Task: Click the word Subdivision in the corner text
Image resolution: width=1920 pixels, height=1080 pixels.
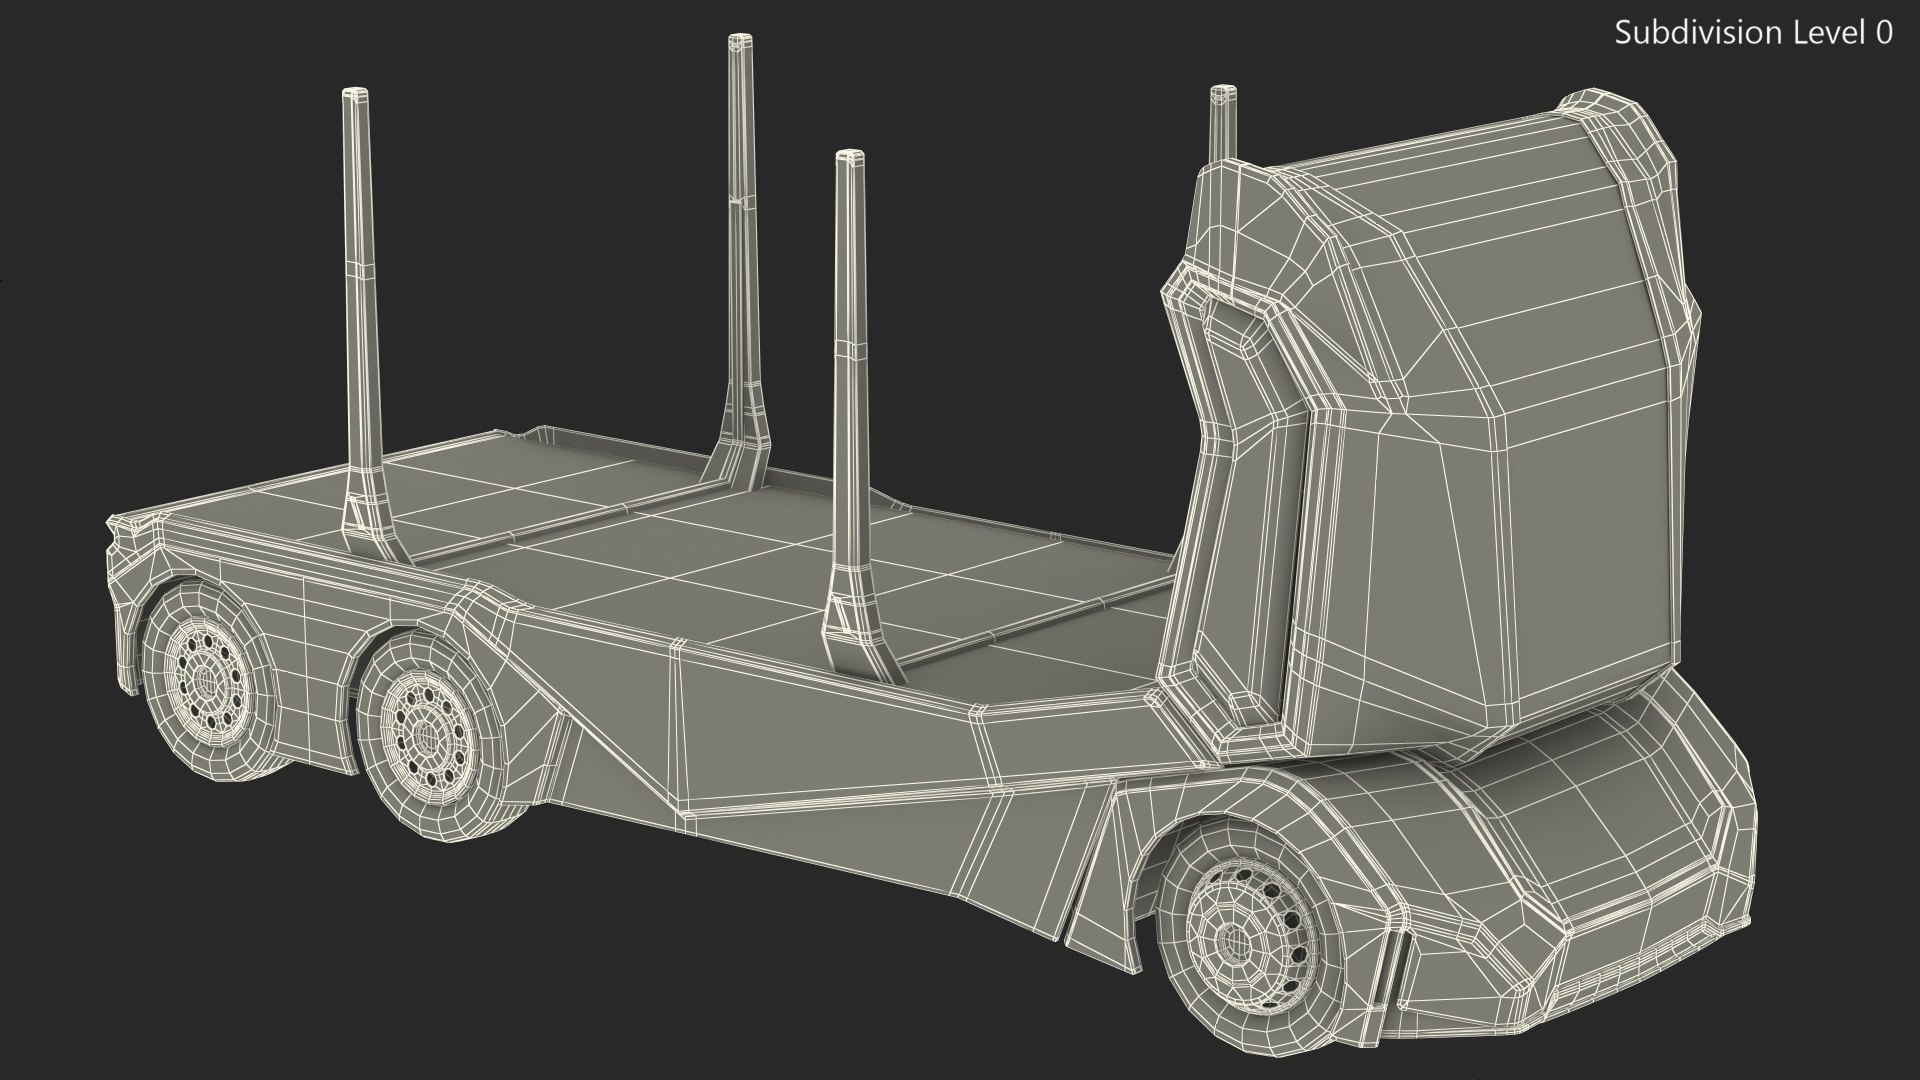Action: click(1680, 33)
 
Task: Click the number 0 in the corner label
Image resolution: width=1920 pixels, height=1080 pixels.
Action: click(1883, 33)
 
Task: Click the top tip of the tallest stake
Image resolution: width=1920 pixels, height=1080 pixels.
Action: click(740, 41)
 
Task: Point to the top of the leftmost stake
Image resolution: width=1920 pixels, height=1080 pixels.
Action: click(355, 95)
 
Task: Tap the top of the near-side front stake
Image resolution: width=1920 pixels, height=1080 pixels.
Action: click(849, 157)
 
